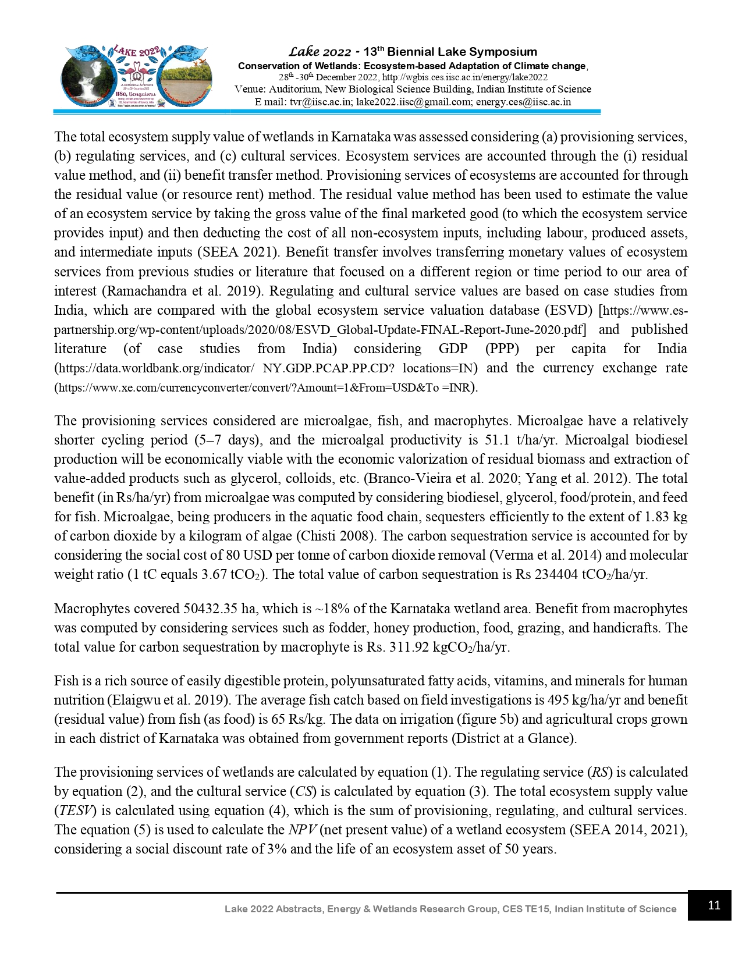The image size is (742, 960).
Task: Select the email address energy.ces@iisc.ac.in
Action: (x=523, y=102)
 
